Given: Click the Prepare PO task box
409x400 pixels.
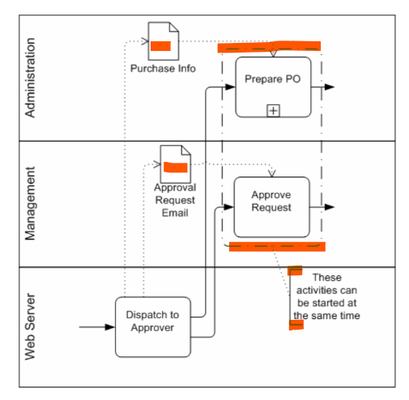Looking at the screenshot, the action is [273, 87].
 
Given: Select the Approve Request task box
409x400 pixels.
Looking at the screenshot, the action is [271, 207].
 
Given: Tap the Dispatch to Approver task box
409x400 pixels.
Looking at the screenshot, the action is [153, 327].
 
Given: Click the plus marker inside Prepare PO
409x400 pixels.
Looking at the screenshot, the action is [273, 111].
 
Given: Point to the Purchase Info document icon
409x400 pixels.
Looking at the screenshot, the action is [164, 41].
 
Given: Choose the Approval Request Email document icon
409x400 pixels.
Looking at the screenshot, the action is [176, 164].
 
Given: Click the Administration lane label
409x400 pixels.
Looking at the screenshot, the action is [30, 78].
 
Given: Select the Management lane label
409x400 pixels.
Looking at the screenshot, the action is [30, 203].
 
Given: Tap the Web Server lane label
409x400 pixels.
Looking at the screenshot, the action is [30, 326].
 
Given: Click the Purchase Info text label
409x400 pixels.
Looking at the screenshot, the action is [163, 69].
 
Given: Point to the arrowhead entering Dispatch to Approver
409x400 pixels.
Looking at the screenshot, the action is [110, 327].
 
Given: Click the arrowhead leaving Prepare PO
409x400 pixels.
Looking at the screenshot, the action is [330, 87].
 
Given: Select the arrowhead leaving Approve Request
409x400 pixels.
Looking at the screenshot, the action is [330, 207].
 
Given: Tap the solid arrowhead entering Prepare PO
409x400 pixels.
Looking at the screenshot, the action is [230, 87].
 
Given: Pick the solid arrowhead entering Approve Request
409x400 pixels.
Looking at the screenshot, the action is [228, 207].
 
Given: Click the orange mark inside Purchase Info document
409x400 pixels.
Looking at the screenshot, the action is [160, 46].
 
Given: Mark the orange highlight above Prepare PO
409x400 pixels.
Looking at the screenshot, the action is [269, 47].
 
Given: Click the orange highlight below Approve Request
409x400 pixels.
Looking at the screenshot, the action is [277, 247].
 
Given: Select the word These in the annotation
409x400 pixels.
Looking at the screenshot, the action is [327, 278].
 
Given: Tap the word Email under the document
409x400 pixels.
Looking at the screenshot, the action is [175, 213].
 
